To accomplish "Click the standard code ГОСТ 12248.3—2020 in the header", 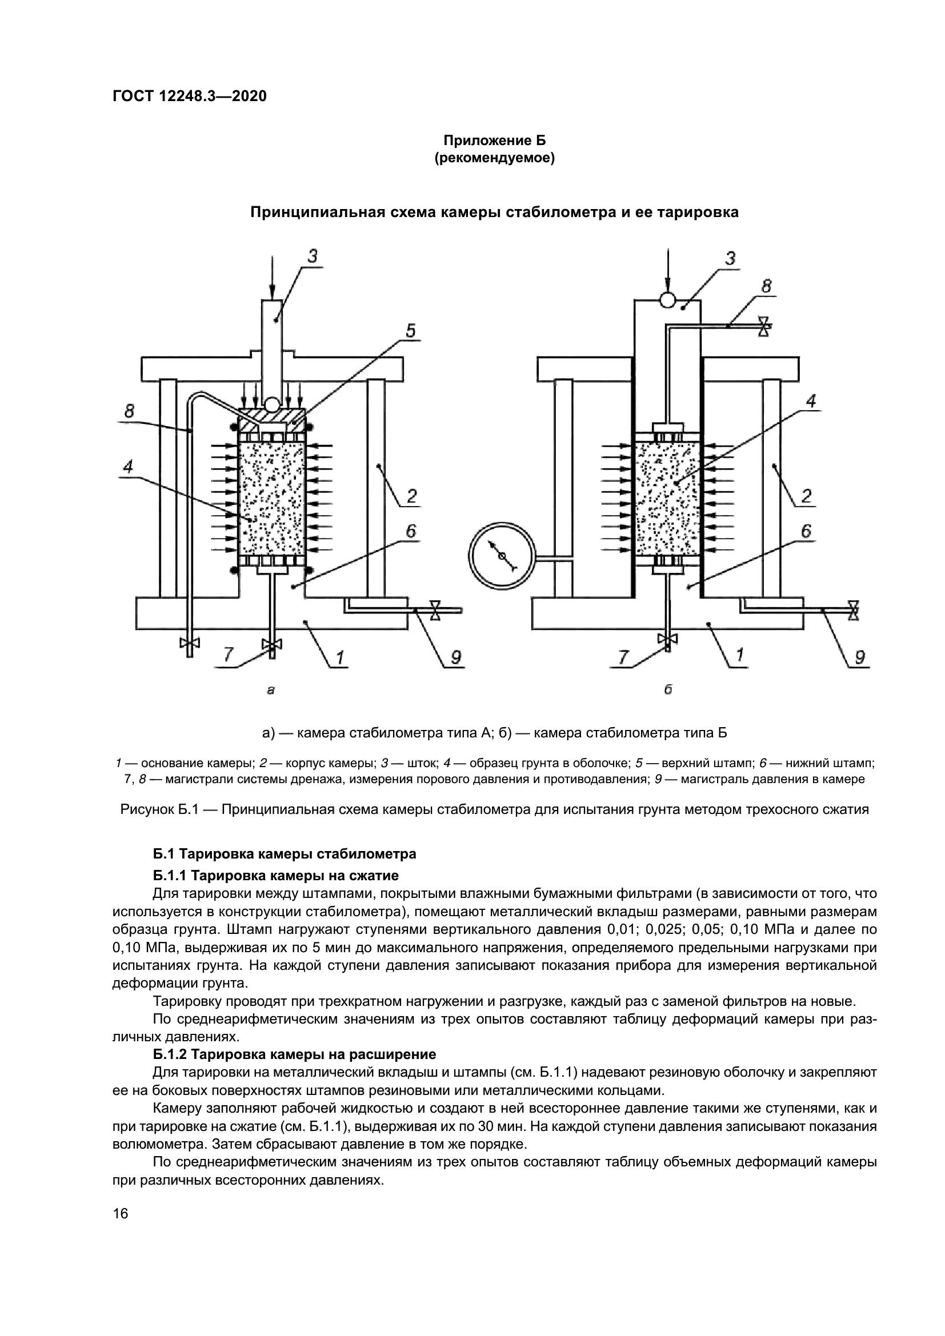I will (x=189, y=96).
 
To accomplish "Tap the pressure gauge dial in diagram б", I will (x=501, y=556).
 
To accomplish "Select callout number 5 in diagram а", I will (x=410, y=331).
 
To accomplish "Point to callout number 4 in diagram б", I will (x=811, y=401).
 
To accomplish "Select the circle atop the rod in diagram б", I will (x=667, y=300).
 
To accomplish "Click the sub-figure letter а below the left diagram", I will (x=270, y=690).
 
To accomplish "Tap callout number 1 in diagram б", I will (x=739, y=656).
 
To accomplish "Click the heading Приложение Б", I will (x=495, y=141).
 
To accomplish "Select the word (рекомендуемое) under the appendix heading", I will (x=495, y=158).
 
